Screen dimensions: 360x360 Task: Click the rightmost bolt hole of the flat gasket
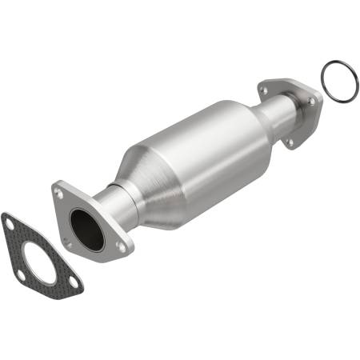(74, 281)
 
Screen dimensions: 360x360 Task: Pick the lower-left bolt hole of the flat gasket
(20, 275)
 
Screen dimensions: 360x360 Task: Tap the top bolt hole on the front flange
(58, 193)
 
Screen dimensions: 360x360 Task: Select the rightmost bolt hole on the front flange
(121, 247)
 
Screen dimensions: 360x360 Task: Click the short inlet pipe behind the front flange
(120, 206)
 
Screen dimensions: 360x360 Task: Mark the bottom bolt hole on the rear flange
(290, 142)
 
